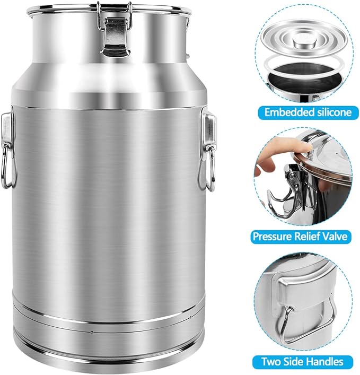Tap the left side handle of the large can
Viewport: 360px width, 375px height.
[6, 154]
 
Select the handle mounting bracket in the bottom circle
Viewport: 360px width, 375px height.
[297, 289]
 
